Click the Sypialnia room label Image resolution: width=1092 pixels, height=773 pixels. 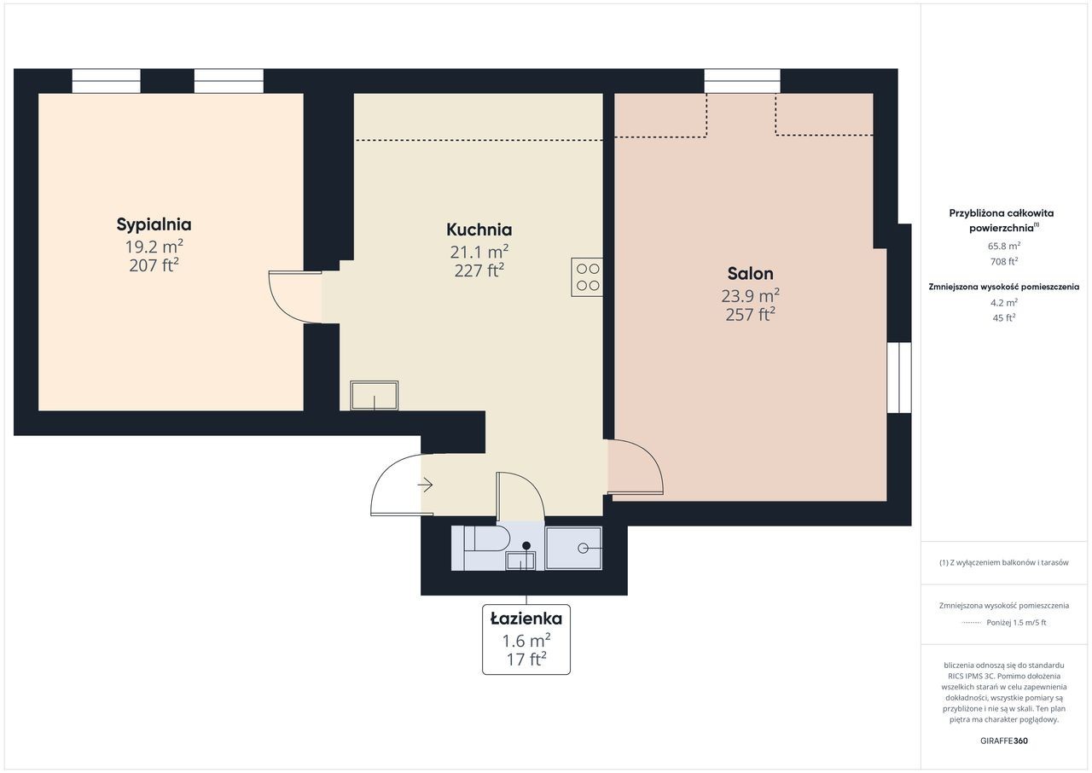click(154, 224)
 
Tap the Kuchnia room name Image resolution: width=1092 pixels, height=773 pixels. click(479, 230)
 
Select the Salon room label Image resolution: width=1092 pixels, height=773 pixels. click(750, 273)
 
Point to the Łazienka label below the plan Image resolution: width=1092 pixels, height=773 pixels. click(526, 619)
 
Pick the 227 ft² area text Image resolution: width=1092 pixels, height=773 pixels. click(479, 270)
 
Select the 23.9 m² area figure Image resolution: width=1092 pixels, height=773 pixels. click(750, 295)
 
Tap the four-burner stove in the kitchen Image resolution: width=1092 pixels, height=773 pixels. click(587, 276)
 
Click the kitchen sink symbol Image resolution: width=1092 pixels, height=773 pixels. click(374, 395)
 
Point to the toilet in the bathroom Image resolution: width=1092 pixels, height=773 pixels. click(486, 539)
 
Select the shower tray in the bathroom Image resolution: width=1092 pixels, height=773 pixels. click(574, 548)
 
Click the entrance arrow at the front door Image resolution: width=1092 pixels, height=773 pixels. click(425, 485)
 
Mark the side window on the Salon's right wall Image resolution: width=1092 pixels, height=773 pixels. click(899, 378)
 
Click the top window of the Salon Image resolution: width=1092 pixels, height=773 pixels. click(742, 81)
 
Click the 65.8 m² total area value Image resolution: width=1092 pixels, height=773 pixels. click(1004, 246)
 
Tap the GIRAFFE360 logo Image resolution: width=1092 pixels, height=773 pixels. click(1004, 741)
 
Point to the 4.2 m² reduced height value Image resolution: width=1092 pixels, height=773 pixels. click(1004, 302)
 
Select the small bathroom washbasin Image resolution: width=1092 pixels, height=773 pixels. click(520, 561)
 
